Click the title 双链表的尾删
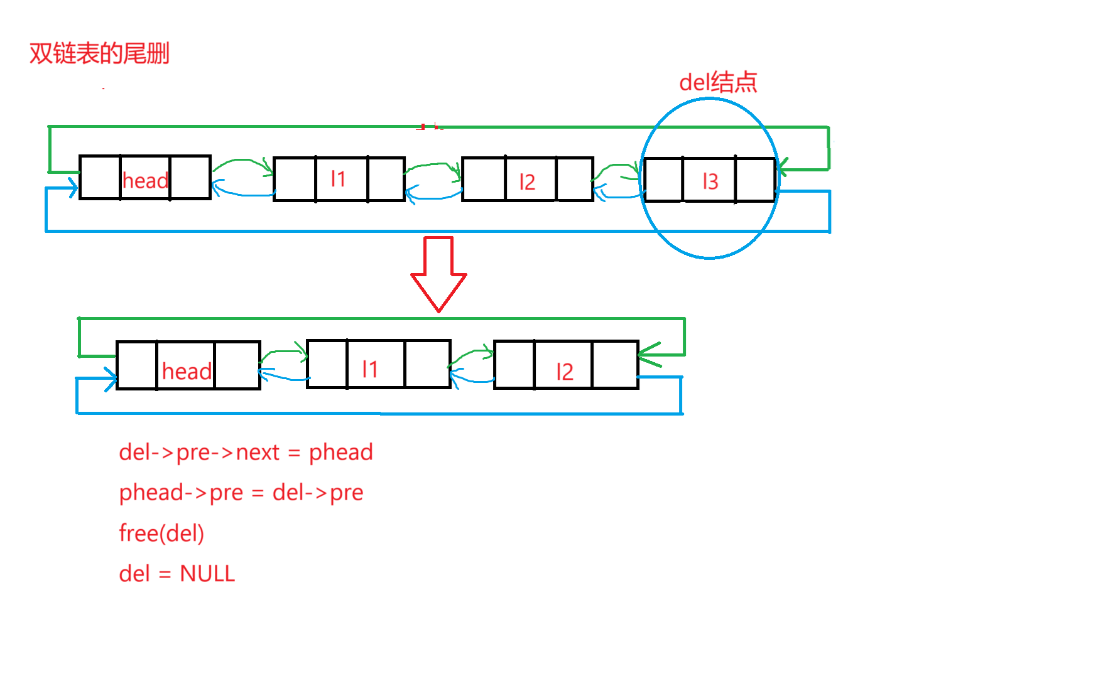pyautogui.click(x=99, y=53)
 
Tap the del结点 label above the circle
pyautogui.click(x=718, y=82)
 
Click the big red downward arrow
pyautogui.click(x=438, y=273)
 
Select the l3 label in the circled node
pyautogui.click(x=710, y=181)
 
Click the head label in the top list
pyautogui.click(x=145, y=181)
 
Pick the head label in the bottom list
pyautogui.click(x=187, y=372)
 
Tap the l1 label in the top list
pyautogui.click(x=339, y=180)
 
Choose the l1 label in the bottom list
pyautogui.click(x=370, y=369)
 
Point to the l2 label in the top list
pyautogui.click(x=527, y=182)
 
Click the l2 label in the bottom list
pyautogui.click(x=565, y=372)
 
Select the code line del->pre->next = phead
pyautogui.click(x=246, y=452)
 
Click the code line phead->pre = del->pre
pyautogui.click(x=241, y=493)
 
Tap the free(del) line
pyautogui.click(x=161, y=533)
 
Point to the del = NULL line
pyautogui.click(x=177, y=573)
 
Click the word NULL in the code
pyautogui.click(x=207, y=573)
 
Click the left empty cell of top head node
pyautogui.click(x=100, y=178)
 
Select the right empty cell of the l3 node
pyautogui.click(x=755, y=180)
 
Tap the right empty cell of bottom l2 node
pyautogui.click(x=615, y=365)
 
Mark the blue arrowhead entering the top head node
pyautogui.click(x=72, y=187)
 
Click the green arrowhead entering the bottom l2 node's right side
pyautogui.click(x=647, y=355)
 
